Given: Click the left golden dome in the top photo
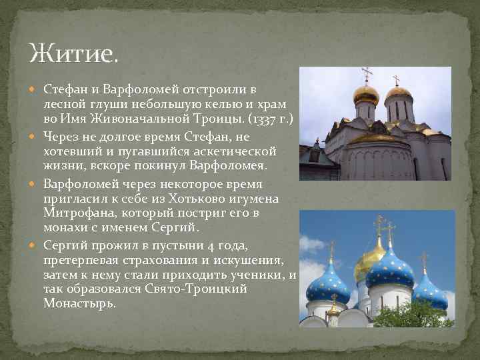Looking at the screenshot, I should [365, 95].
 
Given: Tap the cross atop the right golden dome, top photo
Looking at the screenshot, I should [396, 80].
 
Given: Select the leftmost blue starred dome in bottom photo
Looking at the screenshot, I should [328, 283].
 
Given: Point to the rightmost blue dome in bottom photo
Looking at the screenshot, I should [429, 292].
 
